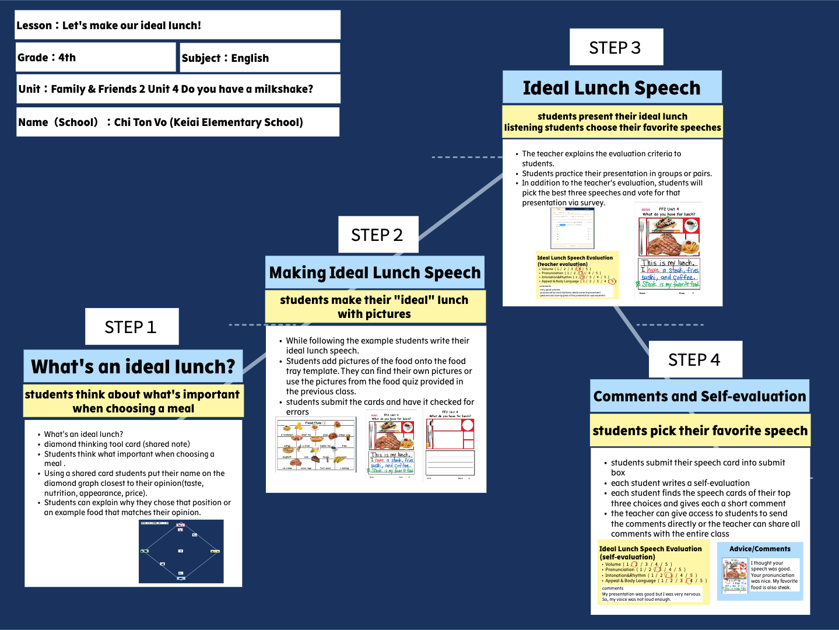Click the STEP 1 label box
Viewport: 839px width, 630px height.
click(x=131, y=327)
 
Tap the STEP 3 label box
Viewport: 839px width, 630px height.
click(x=616, y=47)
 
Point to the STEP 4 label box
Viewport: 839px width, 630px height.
click(x=695, y=359)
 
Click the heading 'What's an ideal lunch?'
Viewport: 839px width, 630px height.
click(x=133, y=366)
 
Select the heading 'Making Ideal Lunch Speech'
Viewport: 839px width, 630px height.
click(x=375, y=272)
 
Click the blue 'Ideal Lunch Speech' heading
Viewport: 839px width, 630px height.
click(x=612, y=87)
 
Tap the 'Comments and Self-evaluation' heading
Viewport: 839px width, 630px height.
click(x=700, y=396)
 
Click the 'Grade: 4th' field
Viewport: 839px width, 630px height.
click(x=96, y=57)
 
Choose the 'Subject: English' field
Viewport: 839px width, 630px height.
click(x=259, y=58)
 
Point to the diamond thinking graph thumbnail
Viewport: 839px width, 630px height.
click(x=181, y=551)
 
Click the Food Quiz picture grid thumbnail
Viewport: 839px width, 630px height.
click(x=315, y=445)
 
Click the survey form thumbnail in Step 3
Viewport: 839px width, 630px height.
click(x=572, y=228)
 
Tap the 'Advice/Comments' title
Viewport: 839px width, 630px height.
click(x=760, y=549)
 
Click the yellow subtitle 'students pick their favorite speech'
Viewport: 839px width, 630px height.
click(x=700, y=430)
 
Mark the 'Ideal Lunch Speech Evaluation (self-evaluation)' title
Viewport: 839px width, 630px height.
click(x=650, y=552)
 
